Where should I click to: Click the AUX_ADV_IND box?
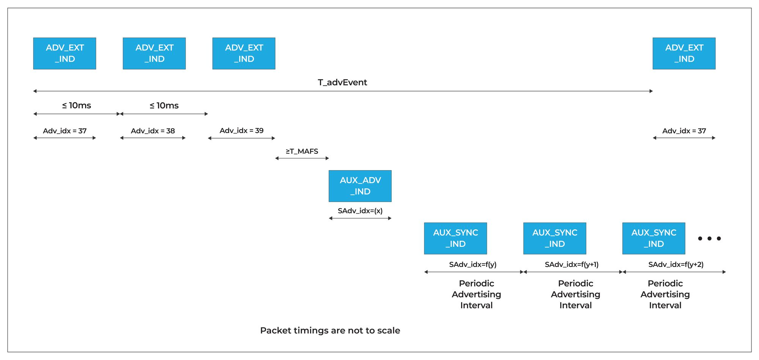click(360, 186)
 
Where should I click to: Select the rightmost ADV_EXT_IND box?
click(684, 53)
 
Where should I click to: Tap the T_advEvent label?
click(342, 82)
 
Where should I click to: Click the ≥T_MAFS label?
click(302, 151)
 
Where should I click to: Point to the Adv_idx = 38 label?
click(153, 131)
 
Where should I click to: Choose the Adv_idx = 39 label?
click(241, 130)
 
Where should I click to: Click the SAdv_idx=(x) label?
click(360, 210)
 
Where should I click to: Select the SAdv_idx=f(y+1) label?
click(572, 264)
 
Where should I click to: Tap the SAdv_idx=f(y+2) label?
click(676, 264)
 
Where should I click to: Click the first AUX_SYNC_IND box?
click(455, 238)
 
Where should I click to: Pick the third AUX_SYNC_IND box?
click(653, 238)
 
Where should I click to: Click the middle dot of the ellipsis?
click(709, 238)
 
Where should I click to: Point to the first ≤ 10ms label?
click(77, 105)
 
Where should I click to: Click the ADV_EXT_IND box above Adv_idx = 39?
click(244, 53)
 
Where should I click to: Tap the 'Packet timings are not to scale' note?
click(330, 330)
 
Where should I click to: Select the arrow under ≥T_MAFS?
click(302, 158)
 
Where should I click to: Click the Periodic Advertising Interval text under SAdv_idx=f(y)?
click(476, 294)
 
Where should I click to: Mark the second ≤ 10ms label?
click(164, 105)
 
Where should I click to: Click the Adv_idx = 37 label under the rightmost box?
click(684, 131)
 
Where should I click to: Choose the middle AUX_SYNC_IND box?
click(554, 238)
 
